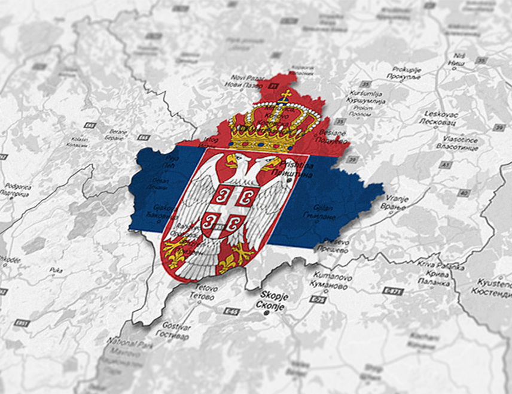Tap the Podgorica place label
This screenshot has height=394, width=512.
pyautogui.click(x=17, y=190)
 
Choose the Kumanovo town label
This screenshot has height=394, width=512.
pyautogui.click(x=329, y=281)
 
